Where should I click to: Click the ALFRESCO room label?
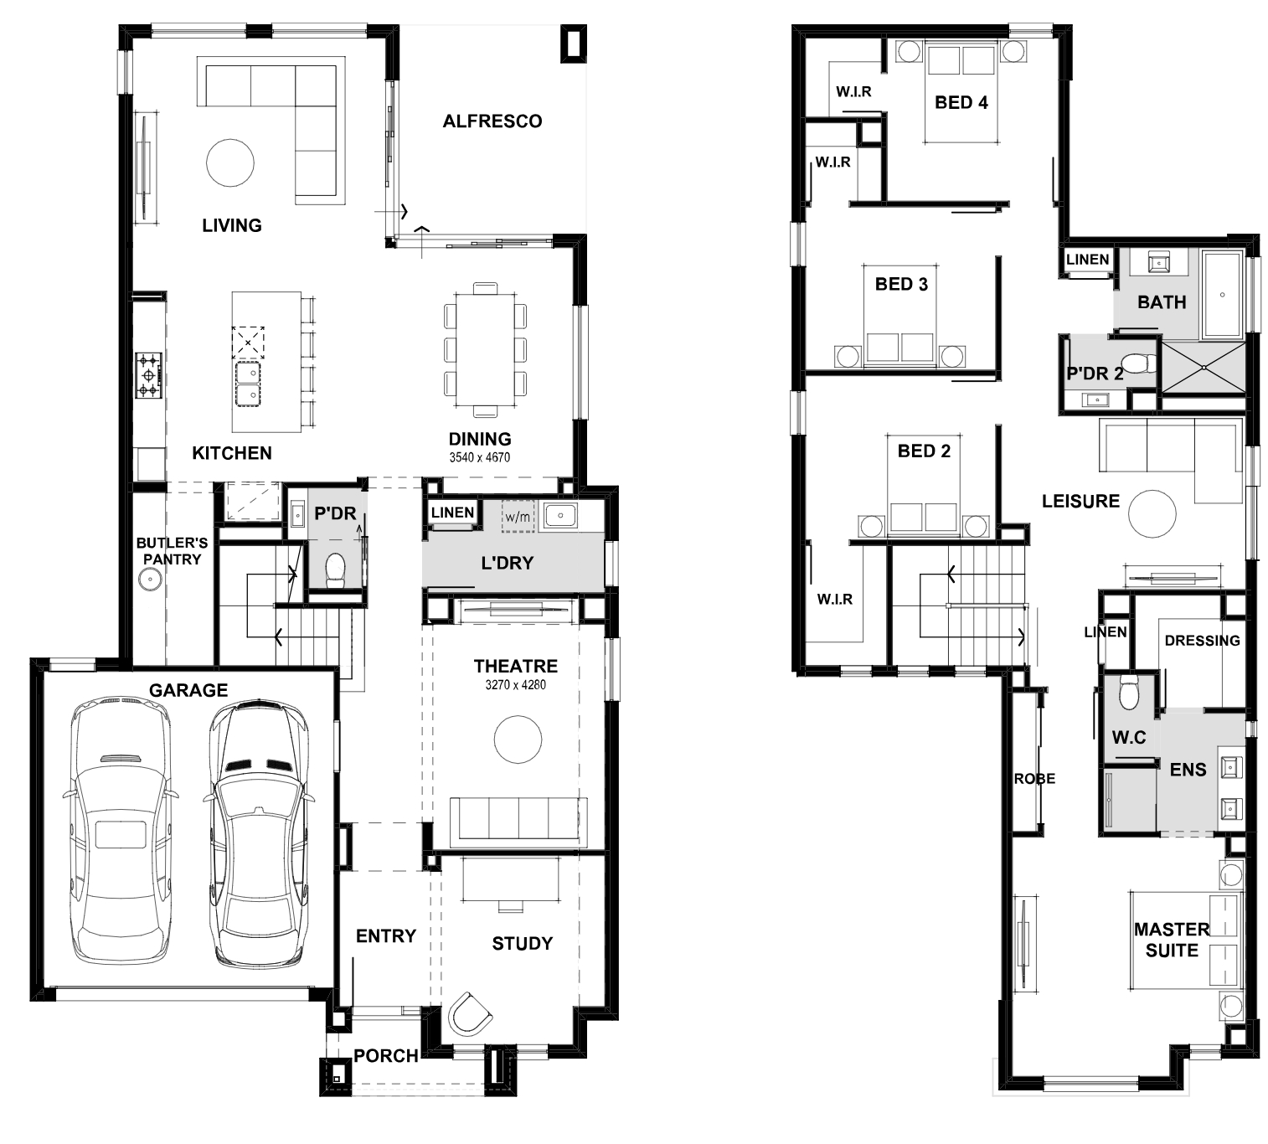coord(492,121)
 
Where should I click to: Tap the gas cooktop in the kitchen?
coord(148,375)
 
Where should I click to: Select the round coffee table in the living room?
coord(230,162)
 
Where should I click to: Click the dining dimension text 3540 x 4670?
coord(479,457)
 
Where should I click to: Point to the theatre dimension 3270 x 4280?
coord(515,684)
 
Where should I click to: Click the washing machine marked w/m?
coord(518,517)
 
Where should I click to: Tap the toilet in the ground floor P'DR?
coord(335,569)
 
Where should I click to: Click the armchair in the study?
coord(471,1014)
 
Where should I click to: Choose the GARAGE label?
coord(188,690)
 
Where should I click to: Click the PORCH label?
coord(385,1055)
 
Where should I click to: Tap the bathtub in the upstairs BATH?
coord(1223,295)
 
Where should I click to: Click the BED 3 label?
coord(901,285)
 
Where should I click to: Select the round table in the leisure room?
coord(1152,514)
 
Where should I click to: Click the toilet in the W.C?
coord(1127,692)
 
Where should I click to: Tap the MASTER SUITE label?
coord(1172,940)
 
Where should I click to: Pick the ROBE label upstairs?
coord(1035,779)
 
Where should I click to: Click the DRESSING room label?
coord(1203,641)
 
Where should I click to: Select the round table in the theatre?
coord(518,739)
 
